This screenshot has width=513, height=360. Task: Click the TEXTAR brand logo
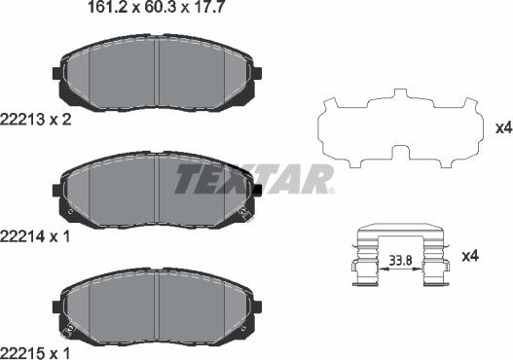pyautogui.click(x=253, y=179)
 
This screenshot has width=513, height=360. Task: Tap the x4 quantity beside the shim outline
pyautogui.click(x=502, y=127)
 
